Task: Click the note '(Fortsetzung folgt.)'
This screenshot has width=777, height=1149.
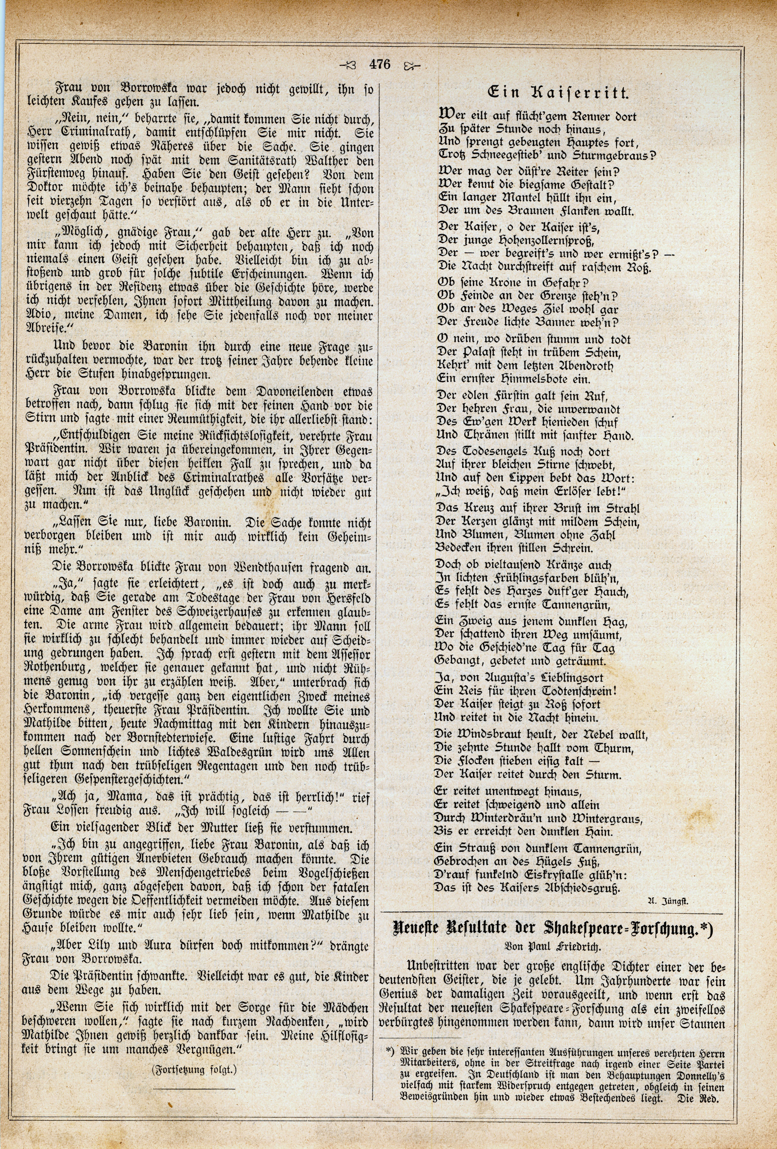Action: point(195,1081)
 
